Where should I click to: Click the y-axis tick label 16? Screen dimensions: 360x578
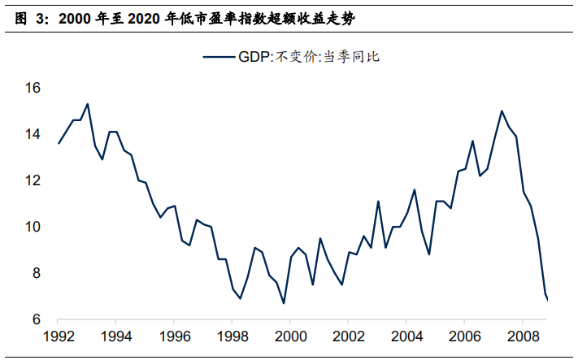pos(33,88)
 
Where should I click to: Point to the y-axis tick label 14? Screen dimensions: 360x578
pos(33,134)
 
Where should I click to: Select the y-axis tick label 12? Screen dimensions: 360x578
pos(33,180)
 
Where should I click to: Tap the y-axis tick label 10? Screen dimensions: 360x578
pos(33,227)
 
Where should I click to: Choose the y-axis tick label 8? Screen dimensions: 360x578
pos(37,273)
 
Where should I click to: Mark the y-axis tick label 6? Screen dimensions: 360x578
pos(37,319)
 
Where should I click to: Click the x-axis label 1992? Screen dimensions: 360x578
pos(59,336)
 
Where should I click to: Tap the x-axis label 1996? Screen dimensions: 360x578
pos(175,336)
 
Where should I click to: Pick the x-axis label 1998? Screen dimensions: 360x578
pos(233,336)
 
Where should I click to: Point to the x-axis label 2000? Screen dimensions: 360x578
pos(291,336)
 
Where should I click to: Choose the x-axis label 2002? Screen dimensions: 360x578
pos(349,336)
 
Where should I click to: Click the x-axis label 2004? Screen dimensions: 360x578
pos(406,336)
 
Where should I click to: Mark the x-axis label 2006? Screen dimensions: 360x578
pos(465,336)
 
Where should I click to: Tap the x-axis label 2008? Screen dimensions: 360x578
pos(523,336)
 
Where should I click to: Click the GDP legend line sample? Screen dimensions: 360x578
pos(219,56)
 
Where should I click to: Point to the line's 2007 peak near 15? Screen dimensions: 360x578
pos(502,111)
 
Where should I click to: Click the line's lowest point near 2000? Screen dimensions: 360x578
pos(284,303)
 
